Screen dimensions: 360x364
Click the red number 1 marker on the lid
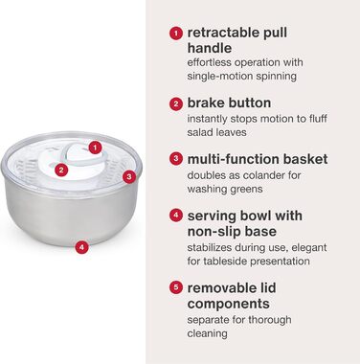pyautogui.click(x=95, y=148)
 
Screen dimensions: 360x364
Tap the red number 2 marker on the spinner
pyautogui.click(x=61, y=170)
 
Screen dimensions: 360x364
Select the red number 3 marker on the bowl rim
pyautogui.click(x=129, y=176)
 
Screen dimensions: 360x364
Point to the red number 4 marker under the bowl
pyautogui.click(x=82, y=247)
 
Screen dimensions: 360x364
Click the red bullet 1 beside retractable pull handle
pyautogui.click(x=176, y=34)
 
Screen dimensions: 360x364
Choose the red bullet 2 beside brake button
pyautogui.click(x=176, y=104)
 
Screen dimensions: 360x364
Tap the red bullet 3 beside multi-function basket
pyautogui.click(x=176, y=159)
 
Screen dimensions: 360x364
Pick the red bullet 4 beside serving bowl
pyautogui.click(x=176, y=216)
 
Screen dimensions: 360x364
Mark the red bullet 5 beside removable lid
pyautogui.click(x=176, y=287)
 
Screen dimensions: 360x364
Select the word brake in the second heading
pyautogui.click(x=205, y=102)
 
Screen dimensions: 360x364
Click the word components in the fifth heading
pyautogui.click(x=229, y=304)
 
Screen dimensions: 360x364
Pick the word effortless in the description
pyautogui.click(x=210, y=62)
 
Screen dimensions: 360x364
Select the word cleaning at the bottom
pyautogui.click(x=208, y=333)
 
